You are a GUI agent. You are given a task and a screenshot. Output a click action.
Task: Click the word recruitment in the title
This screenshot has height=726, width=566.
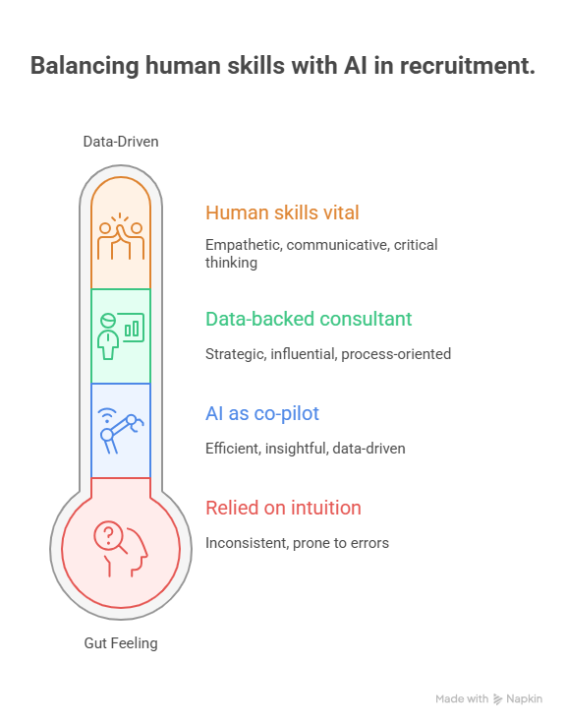pyautogui.click(x=467, y=65)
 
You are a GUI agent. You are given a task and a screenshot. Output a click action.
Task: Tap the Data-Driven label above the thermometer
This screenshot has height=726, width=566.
pyautogui.click(x=121, y=142)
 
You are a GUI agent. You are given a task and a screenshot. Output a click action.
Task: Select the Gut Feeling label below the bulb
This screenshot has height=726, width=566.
pyautogui.click(x=121, y=643)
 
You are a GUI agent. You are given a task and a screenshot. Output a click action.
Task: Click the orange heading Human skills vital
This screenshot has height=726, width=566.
pyautogui.click(x=282, y=212)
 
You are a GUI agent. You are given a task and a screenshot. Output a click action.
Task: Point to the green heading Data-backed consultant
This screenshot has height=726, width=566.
pyautogui.click(x=309, y=319)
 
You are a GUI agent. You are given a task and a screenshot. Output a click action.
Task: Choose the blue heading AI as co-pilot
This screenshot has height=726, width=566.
pyautogui.click(x=262, y=413)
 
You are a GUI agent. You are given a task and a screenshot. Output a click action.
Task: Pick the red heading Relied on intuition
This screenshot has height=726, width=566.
pyautogui.click(x=283, y=508)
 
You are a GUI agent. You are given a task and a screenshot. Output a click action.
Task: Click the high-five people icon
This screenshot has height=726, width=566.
pyautogui.click(x=121, y=236)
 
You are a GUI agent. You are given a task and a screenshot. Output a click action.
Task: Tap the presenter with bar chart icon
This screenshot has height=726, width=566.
pyautogui.click(x=121, y=336)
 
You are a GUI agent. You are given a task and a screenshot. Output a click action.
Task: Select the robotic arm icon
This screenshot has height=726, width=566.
pyautogui.click(x=121, y=431)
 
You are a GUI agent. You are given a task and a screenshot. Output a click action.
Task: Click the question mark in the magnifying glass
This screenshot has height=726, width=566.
pyautogui.click(x=108, y=535)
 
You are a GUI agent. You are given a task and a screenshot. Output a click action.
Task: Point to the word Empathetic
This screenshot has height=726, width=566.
pyautogui.click(x=244, y=245)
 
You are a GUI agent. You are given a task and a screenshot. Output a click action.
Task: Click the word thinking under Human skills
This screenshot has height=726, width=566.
pyautogui.click(x=231, y=263)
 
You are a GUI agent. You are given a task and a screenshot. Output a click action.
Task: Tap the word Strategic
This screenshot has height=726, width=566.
pyautogui.click(x=236, y=354)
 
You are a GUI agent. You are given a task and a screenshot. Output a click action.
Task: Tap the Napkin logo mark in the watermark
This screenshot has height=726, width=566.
pyautogui.click(x=497, y=699)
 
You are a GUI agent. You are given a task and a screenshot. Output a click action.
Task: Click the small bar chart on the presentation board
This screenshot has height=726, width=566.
pyautogui.click(x=132, y=329)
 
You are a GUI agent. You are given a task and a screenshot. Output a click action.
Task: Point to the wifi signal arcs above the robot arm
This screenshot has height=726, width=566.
pyautogui.click(x=107, y=415)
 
